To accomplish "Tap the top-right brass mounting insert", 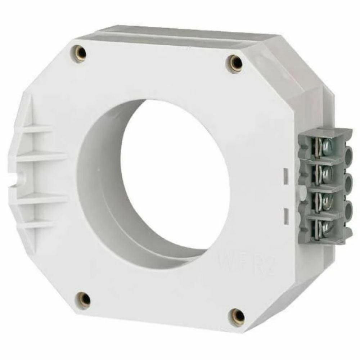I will (x=236, y=64).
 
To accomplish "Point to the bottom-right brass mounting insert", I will (x=238, y=317).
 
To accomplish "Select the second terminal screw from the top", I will (x=327, y=174).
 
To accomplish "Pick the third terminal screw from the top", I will (x=327, y=200).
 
